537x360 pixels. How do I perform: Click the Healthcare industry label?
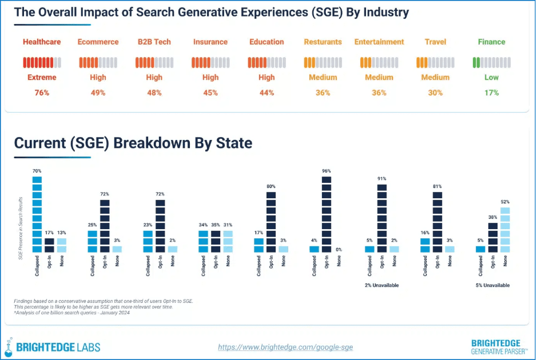coord(42,42)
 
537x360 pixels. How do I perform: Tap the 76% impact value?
coord(42,93)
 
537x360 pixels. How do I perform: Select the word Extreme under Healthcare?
coord(42,77)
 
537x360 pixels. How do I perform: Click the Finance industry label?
coord(491,42)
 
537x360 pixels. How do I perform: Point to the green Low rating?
coord(491,77)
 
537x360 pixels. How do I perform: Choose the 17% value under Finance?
coord(491,93)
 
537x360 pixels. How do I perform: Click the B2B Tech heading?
coord(154,42)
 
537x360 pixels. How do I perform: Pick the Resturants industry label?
coord(323,42)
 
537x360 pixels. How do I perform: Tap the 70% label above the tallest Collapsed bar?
coord(37,171)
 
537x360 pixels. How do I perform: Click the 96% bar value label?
coord(327,171)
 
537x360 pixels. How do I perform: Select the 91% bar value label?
coord(382,178)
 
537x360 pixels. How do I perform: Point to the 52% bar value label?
coord(505,202)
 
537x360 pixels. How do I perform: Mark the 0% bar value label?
coord(339,250)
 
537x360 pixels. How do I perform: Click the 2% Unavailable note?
coord(381,285)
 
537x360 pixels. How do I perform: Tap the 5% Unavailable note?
coord(492,285)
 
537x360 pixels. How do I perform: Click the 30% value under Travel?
coord(435,93)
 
